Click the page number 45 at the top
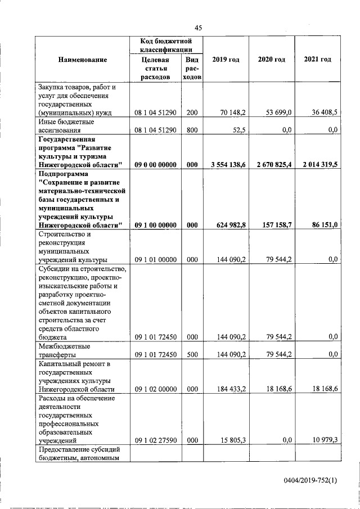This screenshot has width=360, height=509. (199, 28)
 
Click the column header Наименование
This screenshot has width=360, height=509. (82, 60)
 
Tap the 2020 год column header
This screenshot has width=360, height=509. (272, 60)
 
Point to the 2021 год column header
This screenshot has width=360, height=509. (317, 60)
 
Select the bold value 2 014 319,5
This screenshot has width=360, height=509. (319, 165)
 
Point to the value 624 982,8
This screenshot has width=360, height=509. (231, 225)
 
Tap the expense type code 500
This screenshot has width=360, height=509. (192, 355)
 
